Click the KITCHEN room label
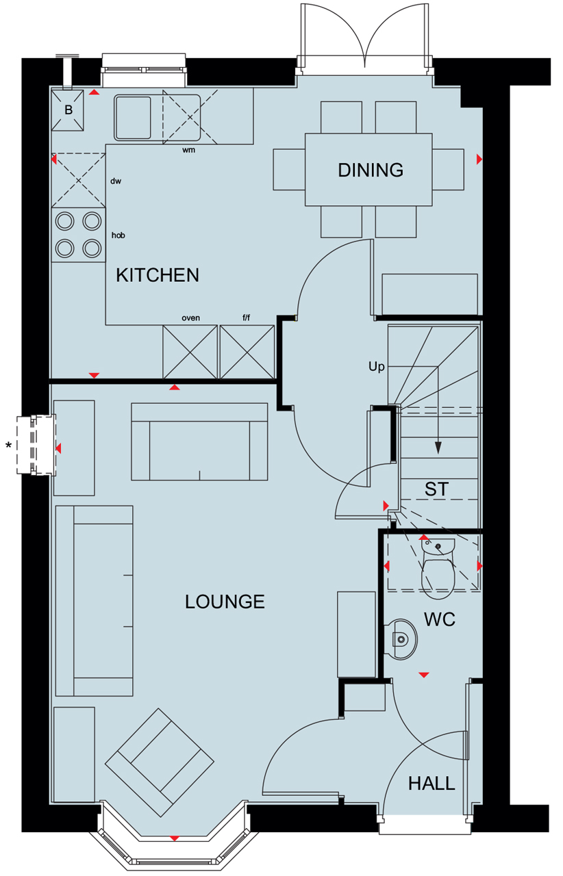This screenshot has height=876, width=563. tap(158, 275)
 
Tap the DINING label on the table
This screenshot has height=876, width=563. tap(370, 170)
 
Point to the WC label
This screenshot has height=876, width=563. tap(440, 619)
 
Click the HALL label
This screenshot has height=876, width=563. tap(431, 783)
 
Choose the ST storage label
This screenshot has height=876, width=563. tap(436, 489)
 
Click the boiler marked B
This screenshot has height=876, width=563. tap(68, 110)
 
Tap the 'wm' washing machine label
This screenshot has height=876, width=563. tap(188, 149)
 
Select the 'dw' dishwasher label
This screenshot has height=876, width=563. tap(116, 181)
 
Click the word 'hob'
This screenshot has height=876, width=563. tap(118, 235)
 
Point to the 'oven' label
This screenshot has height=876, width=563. tap(190, 318)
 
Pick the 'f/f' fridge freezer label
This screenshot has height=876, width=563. tap(247, 318)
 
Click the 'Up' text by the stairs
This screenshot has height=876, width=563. tap(377, 367)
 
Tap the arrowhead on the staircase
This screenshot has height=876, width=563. tap(438, 448)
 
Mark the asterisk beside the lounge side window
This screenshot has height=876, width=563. tap(9, 446)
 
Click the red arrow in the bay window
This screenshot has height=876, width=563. tap(175, 838)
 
